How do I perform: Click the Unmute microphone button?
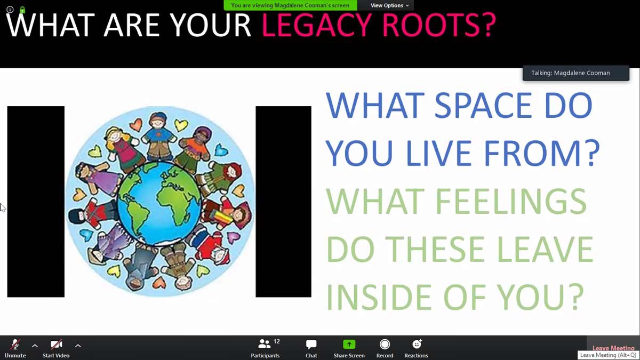[15, 348]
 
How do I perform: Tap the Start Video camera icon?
[57, 345]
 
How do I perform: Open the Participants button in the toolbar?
[265, 348]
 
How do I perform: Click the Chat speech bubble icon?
[311, 345]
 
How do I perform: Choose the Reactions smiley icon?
[417, 345]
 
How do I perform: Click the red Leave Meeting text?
[613, 348]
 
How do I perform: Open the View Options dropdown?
[389, 5]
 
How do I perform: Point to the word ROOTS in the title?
[439, 25]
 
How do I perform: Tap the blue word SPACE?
[483, 105]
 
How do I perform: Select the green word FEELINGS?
[511, 201]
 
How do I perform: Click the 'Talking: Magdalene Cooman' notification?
[575, 73]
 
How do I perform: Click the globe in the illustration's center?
[159, 203]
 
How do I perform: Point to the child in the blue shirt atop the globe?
[159, 137]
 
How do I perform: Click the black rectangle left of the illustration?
[36, 202]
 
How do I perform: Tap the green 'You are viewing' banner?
[290, 5]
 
